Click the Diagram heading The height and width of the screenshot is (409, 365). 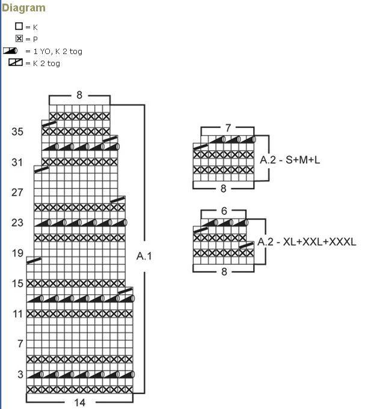pyautogui.click(x=23, y=8)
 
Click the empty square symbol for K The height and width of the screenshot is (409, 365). pyautogui.click(x=19, y=27)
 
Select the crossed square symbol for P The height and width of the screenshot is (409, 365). pyautogui.click(x=19, y=39)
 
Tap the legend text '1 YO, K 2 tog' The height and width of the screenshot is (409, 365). pyautogui.click(x=54, y=52)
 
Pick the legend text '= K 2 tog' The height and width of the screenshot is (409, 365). pyautogui.click(x=43, y=63)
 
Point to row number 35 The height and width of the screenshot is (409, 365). pyautogui.click(x=17, y=132)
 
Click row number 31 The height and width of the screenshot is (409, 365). pyautogui.click(x=17, y=162)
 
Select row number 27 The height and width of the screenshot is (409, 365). pyautogui.click(x=17, y=192)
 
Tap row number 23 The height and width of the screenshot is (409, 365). pyautogui.click(x=17, y=222)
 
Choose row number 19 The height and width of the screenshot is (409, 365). pyautogui.click(x=17, y=253)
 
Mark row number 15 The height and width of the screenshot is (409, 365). pyautogui.click(x=17, y=283)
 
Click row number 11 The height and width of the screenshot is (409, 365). pyautogui.click(x=17, y=314)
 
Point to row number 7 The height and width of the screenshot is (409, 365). pyautogui.click(x=20, y=344)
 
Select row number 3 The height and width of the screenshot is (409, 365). pyautogui.click(x=20, y=374)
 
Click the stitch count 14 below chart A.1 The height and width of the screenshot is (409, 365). pyautogui.click(x=80, y=402)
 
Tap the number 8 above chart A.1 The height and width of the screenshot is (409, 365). pyautogui.click(x=79, y=95)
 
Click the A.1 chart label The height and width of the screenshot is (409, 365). pyautogui.click(x=144, y=256)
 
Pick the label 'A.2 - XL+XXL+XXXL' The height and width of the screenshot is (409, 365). pyautogui.click(x=307, y=242)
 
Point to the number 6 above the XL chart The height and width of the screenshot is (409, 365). pyautogui.click(x=224, y=211)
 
